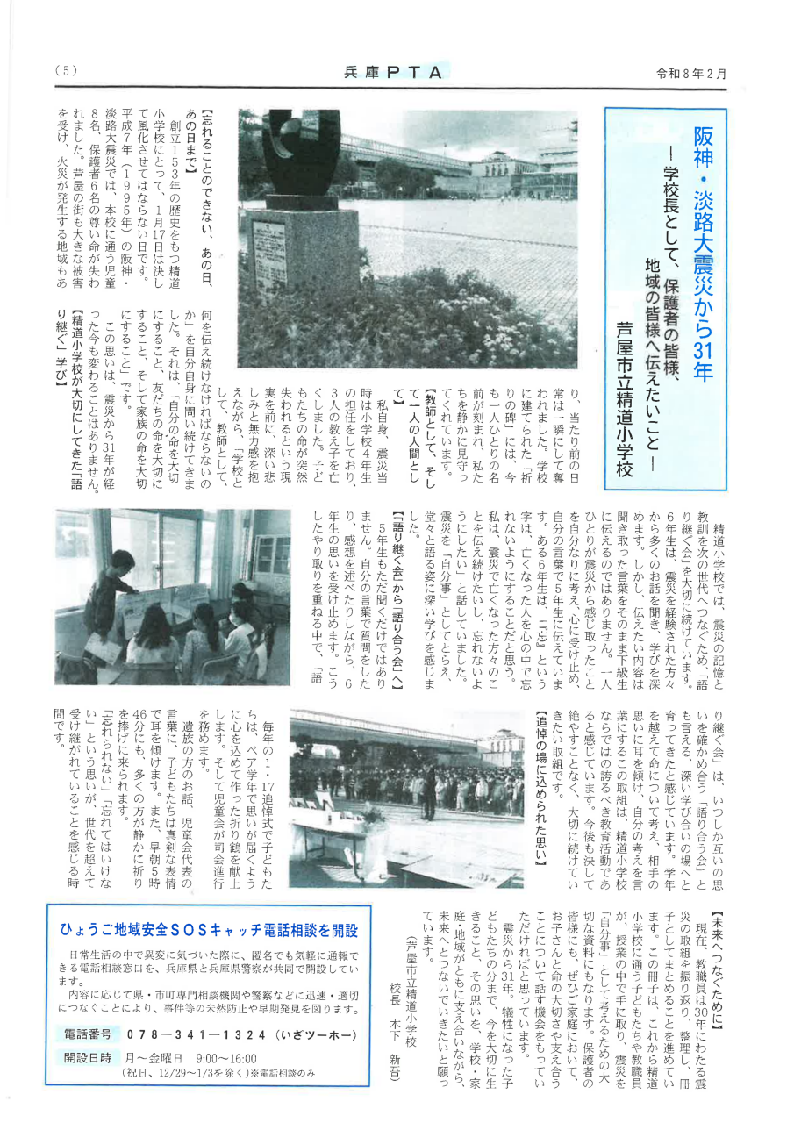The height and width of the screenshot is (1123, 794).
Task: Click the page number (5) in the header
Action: click(66, 72)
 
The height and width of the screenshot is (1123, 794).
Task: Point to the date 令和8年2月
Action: click(692, 74)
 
